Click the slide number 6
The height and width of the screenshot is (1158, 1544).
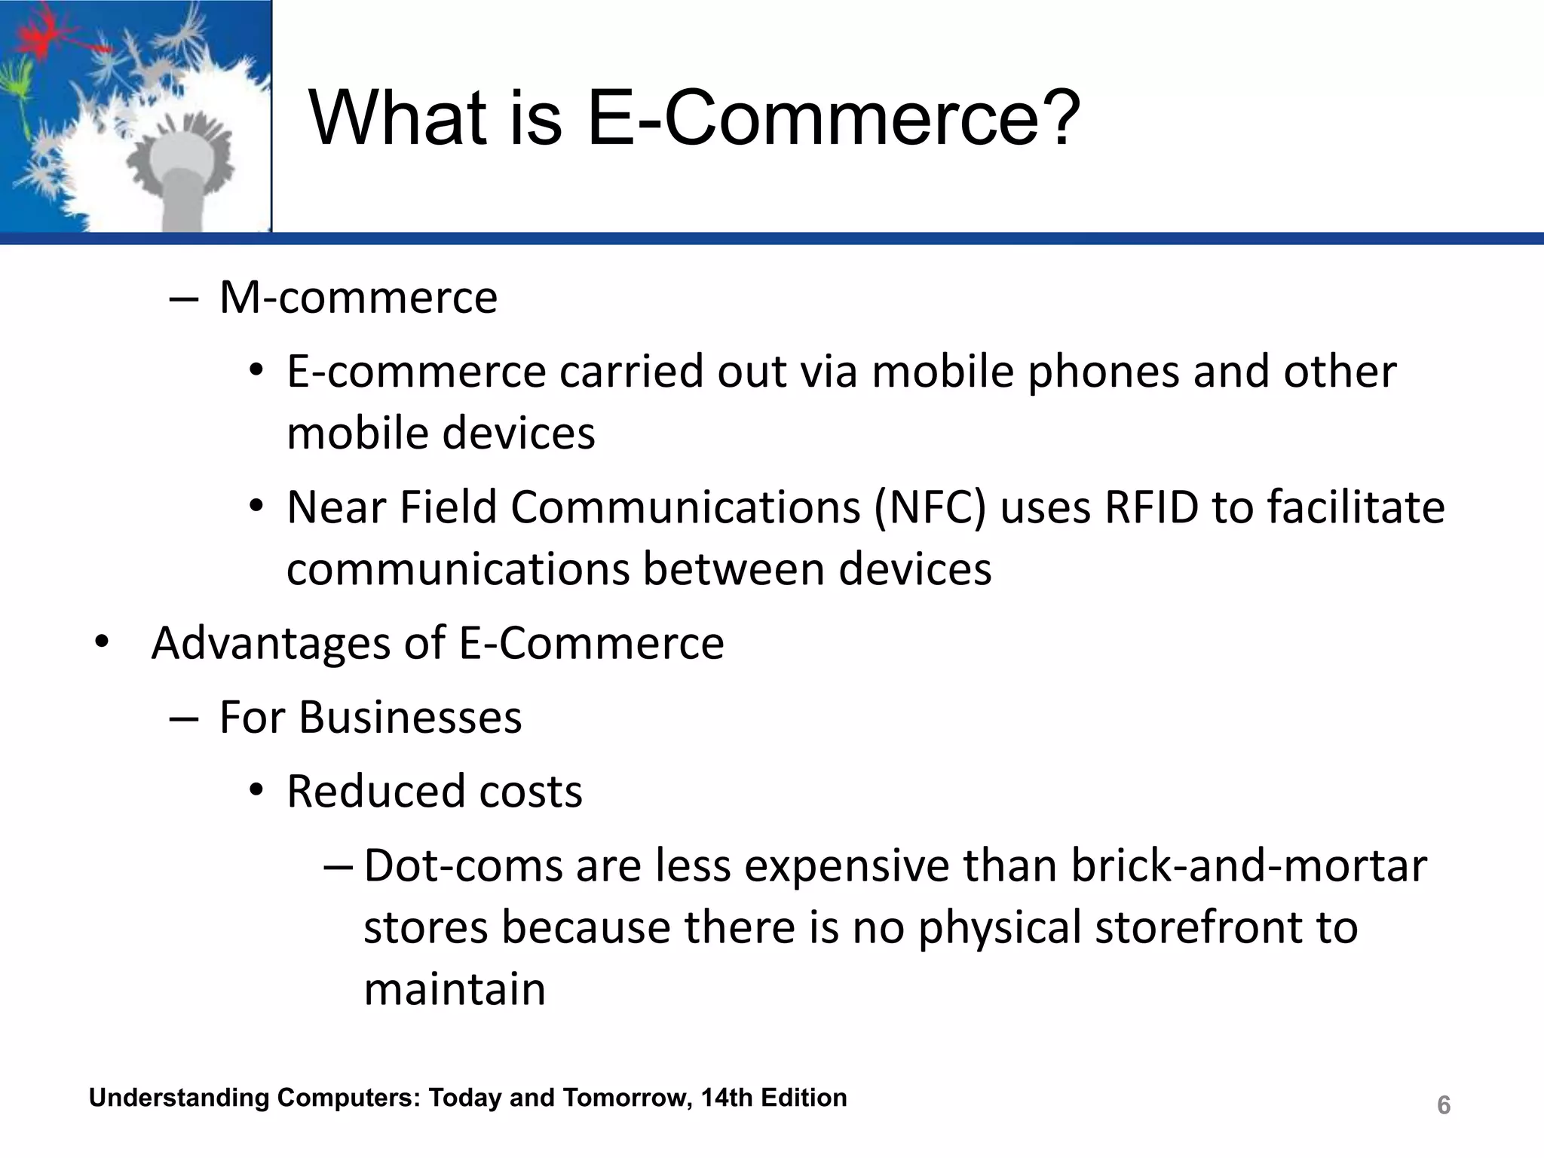[1443, 1105]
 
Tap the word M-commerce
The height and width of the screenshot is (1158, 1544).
[358, 297]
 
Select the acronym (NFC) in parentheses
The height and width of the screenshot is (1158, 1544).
[930, 507]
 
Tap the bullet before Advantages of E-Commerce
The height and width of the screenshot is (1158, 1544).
[103, 643]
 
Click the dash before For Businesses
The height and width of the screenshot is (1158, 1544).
[184, 718]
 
